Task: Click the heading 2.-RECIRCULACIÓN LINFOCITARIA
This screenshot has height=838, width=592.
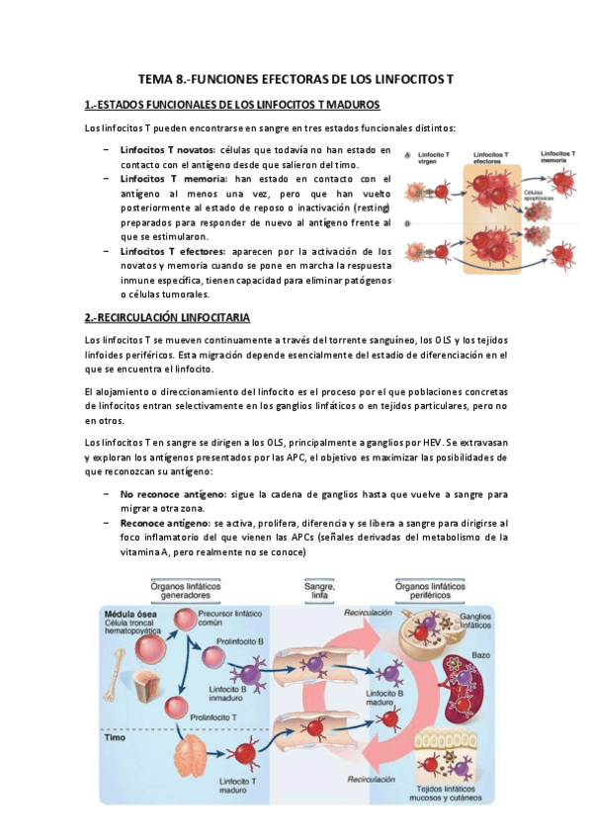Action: point(167,317)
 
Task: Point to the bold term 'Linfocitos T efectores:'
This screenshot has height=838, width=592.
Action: point(172,252)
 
